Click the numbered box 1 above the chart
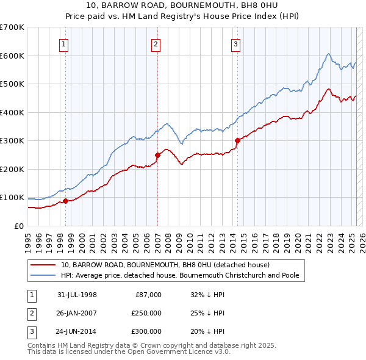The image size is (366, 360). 64,43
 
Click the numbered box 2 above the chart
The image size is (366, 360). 156,43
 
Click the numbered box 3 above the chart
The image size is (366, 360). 235,43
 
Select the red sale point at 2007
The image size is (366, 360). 157,155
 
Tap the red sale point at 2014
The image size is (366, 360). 237,141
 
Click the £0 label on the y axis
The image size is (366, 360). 18,226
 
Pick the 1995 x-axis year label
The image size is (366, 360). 28,239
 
